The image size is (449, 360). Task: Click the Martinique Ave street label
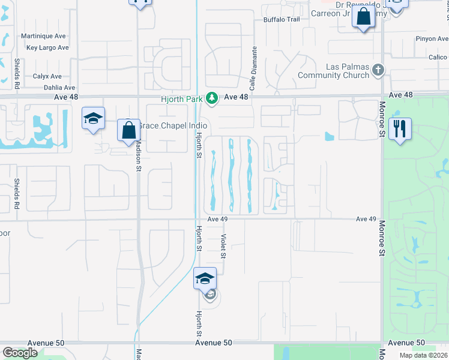43,36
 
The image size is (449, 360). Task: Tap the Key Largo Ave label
47,47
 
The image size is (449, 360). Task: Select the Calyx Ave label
47,76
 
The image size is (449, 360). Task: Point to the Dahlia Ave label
43,88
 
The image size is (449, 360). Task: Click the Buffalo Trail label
281,19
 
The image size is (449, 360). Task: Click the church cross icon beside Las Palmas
378,70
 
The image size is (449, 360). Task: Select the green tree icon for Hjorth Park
211,97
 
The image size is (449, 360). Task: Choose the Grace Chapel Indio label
172,126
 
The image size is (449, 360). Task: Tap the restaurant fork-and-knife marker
399,128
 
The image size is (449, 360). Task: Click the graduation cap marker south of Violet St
204,278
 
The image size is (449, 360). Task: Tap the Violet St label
223,246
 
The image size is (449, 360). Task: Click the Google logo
20,353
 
